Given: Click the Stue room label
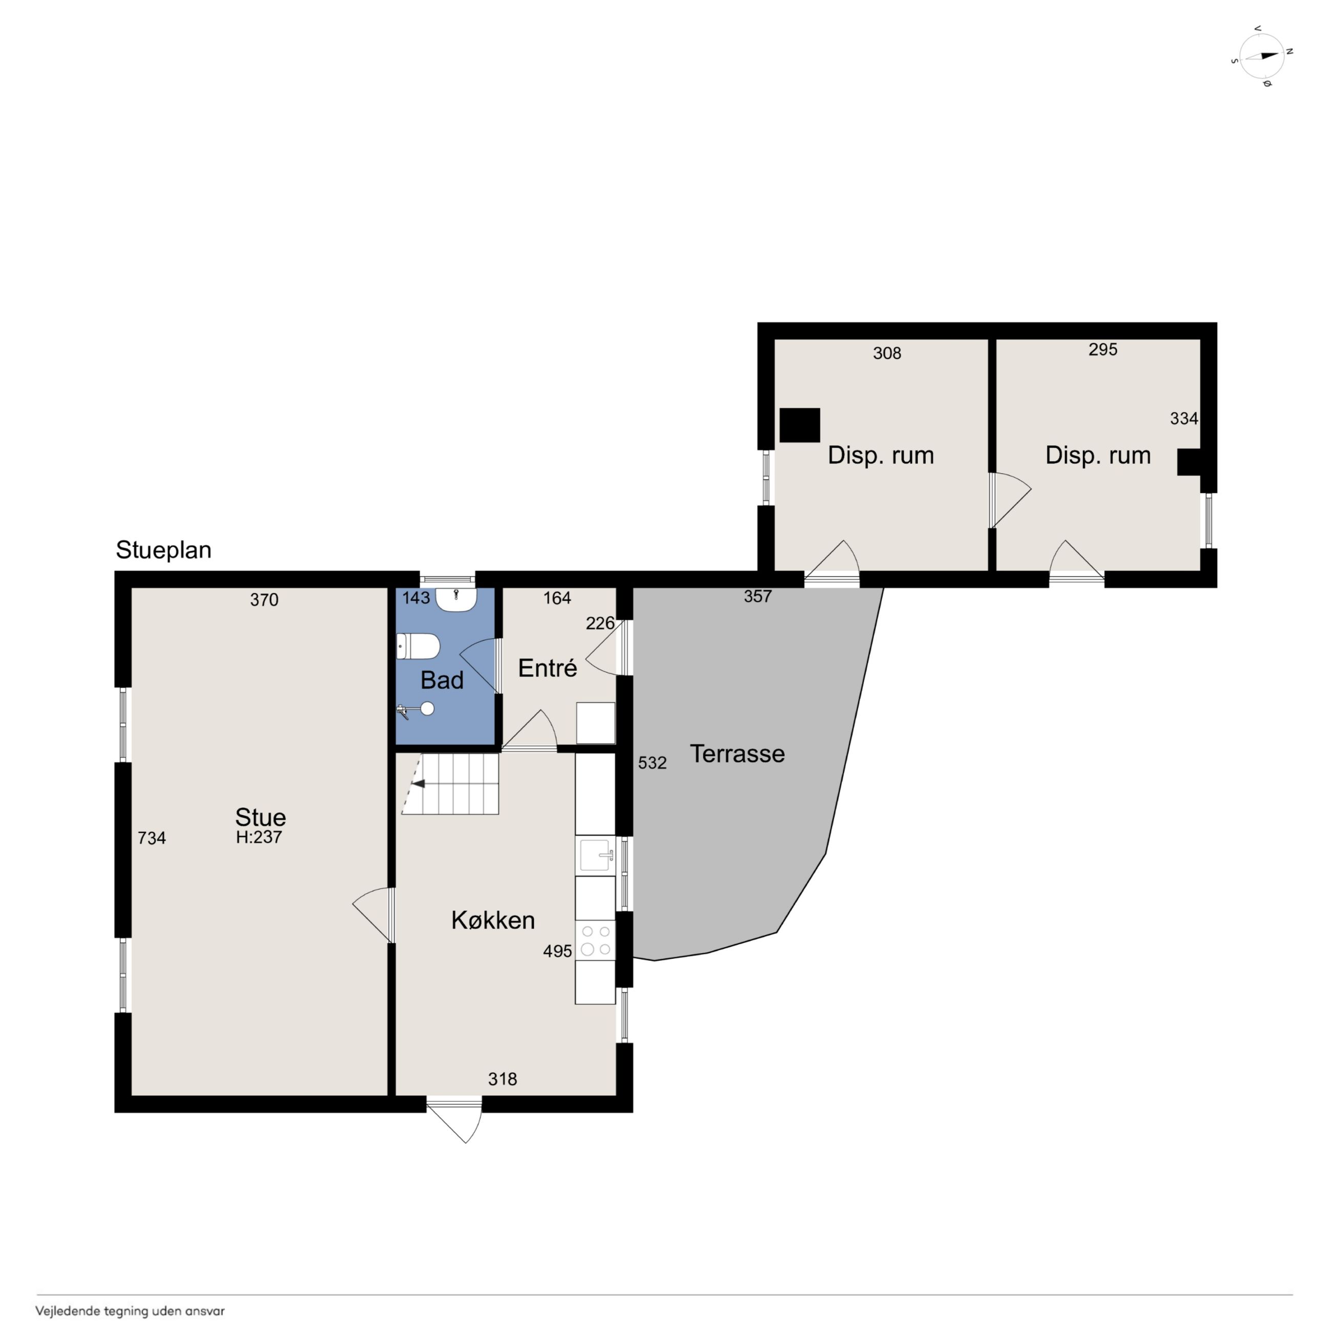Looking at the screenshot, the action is (x=261, y=817).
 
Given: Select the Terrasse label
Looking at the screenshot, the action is (x=737, y=754).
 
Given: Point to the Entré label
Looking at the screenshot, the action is (x=548, y=668).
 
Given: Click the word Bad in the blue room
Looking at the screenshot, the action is (x=442, y=680).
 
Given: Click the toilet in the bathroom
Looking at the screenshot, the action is (x=419, y=647).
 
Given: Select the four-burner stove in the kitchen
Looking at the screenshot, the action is (x=596, y=941).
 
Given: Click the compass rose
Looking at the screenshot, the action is (x=1262, y=56).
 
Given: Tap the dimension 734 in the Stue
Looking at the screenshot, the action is (x=152, y=838).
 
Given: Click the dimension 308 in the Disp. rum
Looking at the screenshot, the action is (x=887, y=353).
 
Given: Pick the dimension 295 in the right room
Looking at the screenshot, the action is (x=1103, y=349).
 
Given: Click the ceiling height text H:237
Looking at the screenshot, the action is (x=259, y=837).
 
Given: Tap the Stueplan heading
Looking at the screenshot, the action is (x=163, y=550).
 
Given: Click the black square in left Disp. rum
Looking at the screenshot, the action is (x=800, y=425).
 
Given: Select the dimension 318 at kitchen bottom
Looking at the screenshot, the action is (x=503, y=1079).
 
